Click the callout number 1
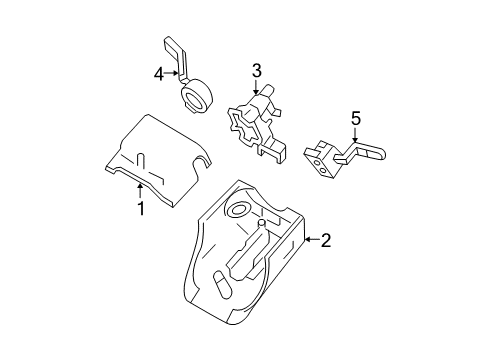point(141,208)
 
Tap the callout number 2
point(326,240)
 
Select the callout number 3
point(256,70)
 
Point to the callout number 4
point(159,74)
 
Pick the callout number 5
point(356,118)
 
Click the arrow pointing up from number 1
point(140,191)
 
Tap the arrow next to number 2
point(312,239)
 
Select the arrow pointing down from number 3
point(256,87)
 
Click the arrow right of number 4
point(172,73)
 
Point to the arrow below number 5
point(355,135)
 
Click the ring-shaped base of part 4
point(196,95)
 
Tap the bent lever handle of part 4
point(176,58)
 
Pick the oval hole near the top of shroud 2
point(237,210)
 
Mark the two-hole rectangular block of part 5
point(322,165)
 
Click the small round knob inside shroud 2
point(262,222)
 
